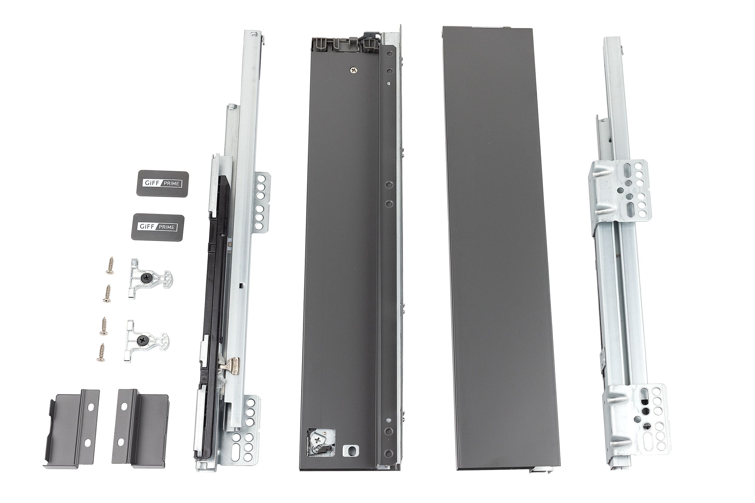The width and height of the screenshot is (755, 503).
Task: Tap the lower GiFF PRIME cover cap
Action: (158, 227)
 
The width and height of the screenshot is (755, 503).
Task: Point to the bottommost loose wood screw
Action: (101, 352)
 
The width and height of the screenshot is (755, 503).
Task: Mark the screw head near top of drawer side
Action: (354, 70)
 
